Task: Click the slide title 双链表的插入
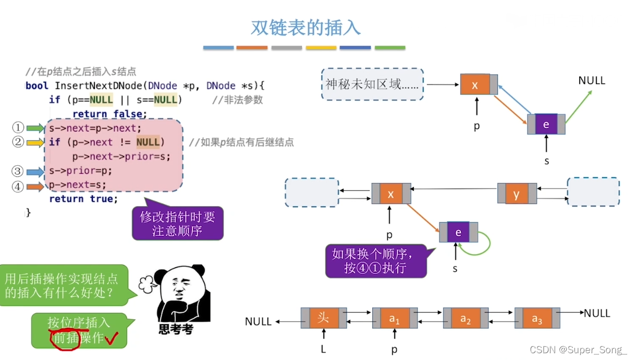tap(306, 28)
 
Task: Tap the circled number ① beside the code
tap(18, 128)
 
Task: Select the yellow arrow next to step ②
tap(35, 142)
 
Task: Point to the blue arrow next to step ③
tap(35, 171)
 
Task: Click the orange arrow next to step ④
tap(35, 186)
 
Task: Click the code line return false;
tap(109, 114)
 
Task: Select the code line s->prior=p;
tap(81, 171)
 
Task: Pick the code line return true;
tap(83, 199)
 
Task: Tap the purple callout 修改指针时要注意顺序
tap(177, 223)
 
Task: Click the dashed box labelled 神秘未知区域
tap(372, 84)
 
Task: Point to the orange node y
tap(517, 194)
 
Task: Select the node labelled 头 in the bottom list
tap(323, 318)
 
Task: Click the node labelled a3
tap(537, 318)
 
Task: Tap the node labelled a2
tap(466, 318)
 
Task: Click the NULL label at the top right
tap(592, 80)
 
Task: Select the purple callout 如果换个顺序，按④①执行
tap(375, 261)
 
